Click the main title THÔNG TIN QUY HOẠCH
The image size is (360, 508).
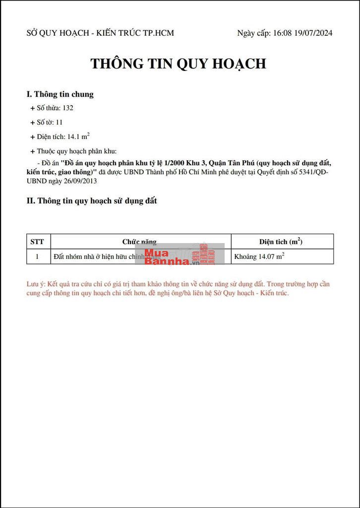pyautogui.click(x=178, y=63)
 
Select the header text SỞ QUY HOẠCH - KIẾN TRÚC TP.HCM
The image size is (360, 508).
pyautogui.click(x=100, y=33)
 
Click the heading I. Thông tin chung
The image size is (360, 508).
pyautogui.click(x=60, y=94)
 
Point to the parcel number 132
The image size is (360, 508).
pyautogui.click(x=68, y=108)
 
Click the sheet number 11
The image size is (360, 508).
pyautogui.click(x=59, y=122)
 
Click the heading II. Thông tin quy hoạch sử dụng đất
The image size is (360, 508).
pyautogui.click(x=91, y=200)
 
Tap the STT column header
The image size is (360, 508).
pyautogui.click(x=37, y=242)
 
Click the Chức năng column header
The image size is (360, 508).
pyautogui.click(x=139, y=242)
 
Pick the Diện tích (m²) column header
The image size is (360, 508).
pyautogui.click(x=281, y=242)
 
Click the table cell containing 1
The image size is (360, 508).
pyautogui.click(x=37, y=256)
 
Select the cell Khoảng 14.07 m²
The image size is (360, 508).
pyautogui.click(x=259, y=256)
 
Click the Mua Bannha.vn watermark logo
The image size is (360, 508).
pyautogui.click(x=183, y=254)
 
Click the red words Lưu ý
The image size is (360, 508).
pyautogui.click(x=35, y=284)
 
